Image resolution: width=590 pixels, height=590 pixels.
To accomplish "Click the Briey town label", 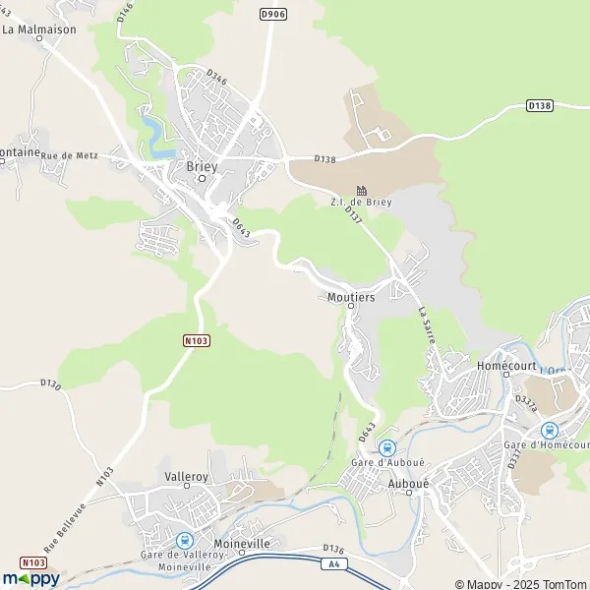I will coord(202,166).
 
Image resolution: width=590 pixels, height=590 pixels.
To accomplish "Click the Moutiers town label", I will coord(347,296).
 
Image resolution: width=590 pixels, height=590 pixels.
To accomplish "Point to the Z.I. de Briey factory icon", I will coord(362,190).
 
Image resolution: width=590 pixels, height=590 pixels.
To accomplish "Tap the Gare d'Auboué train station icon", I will coord(386,446).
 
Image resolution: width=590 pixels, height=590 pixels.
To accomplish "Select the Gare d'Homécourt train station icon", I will coord(549,430).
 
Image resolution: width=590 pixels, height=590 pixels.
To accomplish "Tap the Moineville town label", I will coord(241,543).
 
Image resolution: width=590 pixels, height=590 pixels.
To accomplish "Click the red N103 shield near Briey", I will coord(197,340).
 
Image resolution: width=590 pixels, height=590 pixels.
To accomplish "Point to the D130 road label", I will coord(51,383).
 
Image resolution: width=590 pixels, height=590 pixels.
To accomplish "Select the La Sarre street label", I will coord(427,324).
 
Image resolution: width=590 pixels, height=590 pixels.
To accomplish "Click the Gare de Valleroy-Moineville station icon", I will coord(183,540).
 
